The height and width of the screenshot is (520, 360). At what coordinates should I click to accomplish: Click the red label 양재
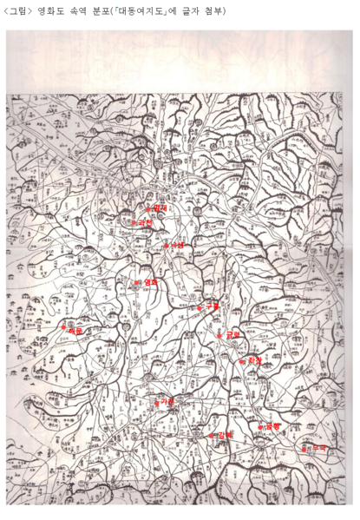pyautogui.click(x=160, y=207)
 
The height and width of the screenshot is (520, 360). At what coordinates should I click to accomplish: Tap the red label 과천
pyautogui.click(x=145, y=223)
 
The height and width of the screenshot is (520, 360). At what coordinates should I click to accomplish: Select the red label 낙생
pyautogui.click(x=179, y=245)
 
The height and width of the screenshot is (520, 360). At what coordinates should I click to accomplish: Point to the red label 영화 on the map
pyautogui.click(x=150, y=283)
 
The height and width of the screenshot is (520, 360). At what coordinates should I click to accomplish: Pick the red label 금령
pyautogui.click(x=232, y=334)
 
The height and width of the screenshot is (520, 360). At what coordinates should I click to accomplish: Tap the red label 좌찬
pyautogui.click(x=254, y=359)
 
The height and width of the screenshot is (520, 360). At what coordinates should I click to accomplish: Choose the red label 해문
pyautogui.click(x=75, y=330)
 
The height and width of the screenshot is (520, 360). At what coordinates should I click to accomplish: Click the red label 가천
pyautogui.click(x=167, y=401)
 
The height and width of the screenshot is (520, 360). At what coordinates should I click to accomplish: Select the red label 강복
pyautogui.click(x=226, y=434)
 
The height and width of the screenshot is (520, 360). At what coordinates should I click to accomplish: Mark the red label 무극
pyautogui.click(x=319, y=448)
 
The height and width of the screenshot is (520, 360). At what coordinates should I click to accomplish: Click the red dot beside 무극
pyautogui.click(x=304, y=449)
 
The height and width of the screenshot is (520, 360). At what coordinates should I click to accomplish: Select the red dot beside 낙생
pyautogui.click(x=167, y=246)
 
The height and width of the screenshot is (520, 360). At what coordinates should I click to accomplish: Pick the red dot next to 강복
pyautogui.click(x=211, y=435)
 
